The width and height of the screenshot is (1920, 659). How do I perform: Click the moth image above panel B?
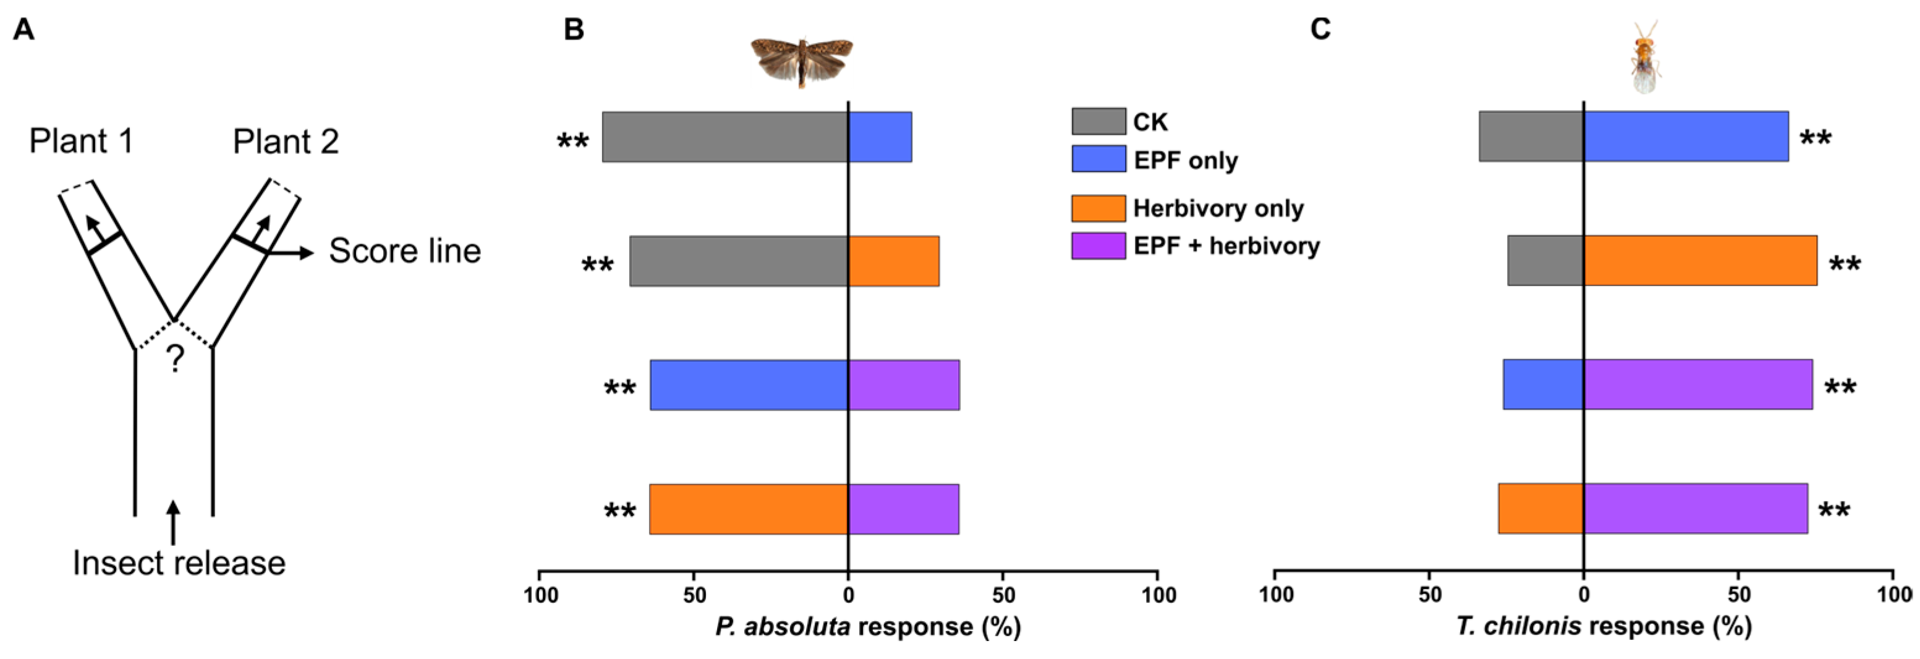(801, 61)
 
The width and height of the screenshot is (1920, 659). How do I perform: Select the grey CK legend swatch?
(1098, 121)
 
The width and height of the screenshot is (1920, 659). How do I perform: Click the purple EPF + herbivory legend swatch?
(1098, 245)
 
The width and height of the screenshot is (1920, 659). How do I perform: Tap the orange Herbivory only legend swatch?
(1098, 208)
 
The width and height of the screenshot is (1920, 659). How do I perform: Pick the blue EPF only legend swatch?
(1098, 159)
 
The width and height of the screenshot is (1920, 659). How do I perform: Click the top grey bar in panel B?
(724, 137)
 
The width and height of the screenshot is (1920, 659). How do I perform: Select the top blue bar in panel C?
(1685, 137)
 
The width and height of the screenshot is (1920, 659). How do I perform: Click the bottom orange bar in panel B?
(749, 509)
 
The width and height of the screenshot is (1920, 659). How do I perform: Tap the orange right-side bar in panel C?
(1699, 261)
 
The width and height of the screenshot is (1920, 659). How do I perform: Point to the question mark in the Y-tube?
(174, 360)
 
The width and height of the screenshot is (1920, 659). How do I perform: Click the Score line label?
(405, 251)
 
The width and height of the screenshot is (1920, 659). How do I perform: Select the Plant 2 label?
(286, 142)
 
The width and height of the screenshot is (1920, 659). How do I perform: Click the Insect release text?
(179, 563)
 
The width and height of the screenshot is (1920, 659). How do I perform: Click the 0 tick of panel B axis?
(847, 595)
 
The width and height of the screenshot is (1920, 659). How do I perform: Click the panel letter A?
(24, 30)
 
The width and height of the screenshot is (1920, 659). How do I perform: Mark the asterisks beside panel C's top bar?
(1815, 138)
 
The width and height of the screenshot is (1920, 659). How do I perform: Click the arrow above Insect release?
(173, 522)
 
